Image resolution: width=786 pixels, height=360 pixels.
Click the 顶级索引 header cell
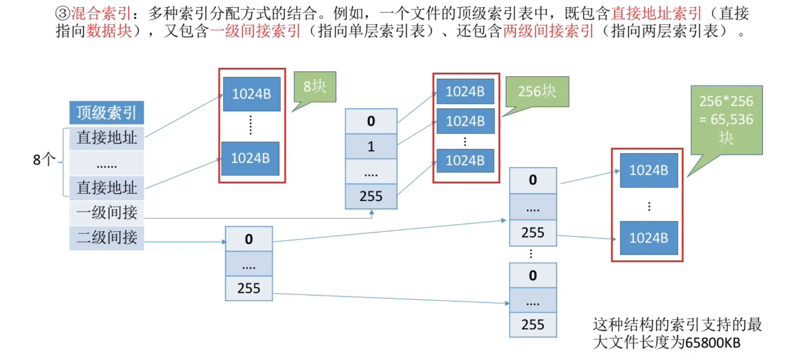[106, 113]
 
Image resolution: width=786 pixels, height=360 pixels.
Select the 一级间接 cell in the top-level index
[106, 213]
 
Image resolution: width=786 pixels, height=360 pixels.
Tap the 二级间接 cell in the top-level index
[106, 237]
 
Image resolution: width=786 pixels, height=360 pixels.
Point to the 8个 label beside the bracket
[44, 160]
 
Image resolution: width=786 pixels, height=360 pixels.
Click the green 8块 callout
[315, 87]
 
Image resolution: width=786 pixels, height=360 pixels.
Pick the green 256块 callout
[537, 91]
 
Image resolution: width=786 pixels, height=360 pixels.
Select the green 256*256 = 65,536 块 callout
[726, 120]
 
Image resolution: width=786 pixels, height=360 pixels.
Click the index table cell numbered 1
[371, 146]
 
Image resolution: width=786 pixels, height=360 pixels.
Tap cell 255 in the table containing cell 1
[371, 196]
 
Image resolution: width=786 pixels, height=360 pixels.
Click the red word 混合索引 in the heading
[101, 13]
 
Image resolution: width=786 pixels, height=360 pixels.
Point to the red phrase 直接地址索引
[656, 13]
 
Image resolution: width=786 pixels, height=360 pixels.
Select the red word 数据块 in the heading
[109, 31]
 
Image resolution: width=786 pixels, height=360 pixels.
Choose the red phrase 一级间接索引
[255, 31]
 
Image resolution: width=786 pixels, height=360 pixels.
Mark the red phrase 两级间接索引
[548, 31]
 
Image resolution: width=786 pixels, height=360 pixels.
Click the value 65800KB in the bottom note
[712, 343]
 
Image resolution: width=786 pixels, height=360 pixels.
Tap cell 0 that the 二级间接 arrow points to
[249, 239]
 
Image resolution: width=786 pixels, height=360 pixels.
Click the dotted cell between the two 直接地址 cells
[106, 163]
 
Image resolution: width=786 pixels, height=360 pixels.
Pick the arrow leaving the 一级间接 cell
[258, 218]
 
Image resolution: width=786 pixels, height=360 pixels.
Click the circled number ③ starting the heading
[62, 13]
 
